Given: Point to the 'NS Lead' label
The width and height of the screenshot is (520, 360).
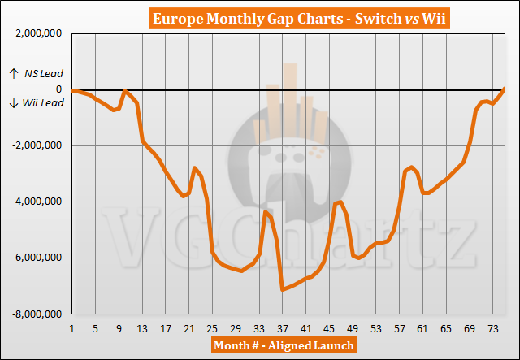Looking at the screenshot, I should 38,74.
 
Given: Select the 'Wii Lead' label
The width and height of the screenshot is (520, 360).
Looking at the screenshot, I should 38,102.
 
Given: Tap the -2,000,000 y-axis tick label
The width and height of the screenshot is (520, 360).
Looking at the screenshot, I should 37,145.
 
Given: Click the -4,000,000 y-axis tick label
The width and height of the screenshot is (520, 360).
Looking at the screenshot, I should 37,202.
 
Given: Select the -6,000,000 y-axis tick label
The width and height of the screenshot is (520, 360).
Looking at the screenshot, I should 37,258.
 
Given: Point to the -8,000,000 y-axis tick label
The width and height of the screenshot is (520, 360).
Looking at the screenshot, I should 37,314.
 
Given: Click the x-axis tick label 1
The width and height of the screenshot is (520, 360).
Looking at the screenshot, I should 72,328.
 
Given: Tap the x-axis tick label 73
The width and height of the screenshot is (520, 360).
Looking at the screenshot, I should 492,328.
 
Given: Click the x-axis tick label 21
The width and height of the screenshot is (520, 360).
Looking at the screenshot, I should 189,328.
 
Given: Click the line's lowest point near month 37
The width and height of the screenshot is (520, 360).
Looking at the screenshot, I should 282,289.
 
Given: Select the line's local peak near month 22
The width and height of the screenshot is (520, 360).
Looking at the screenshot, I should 194,167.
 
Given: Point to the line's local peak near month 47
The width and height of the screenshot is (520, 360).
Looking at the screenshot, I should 340,202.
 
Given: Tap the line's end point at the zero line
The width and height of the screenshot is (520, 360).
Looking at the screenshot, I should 504,89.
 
